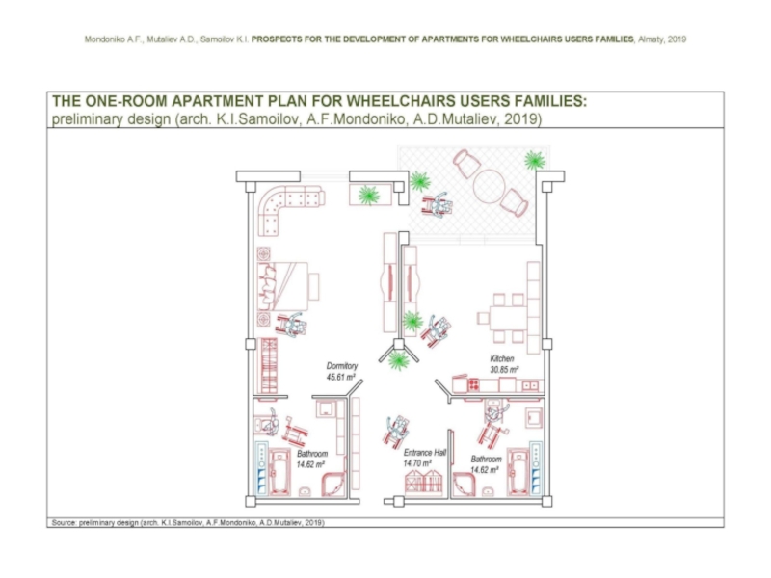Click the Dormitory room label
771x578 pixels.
click(342, 366)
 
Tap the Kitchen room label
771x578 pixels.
click(502, 358)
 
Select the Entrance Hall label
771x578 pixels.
click(423, 452)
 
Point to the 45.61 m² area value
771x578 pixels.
click(342, 377)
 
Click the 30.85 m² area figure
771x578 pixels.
click(502, 369)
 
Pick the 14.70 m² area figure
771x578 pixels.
click(418, 463)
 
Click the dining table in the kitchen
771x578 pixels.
click(502, 318)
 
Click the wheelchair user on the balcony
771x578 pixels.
click(439, 204)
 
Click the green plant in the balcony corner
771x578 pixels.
click(532, 159)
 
